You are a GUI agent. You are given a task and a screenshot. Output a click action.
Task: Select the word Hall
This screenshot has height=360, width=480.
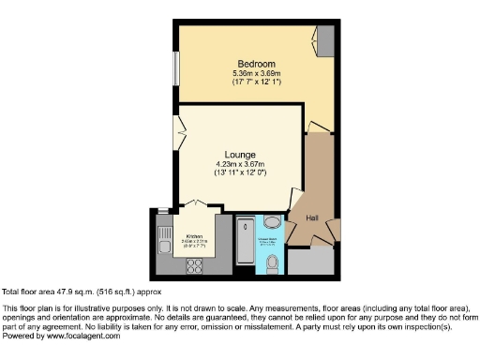coord(312,217)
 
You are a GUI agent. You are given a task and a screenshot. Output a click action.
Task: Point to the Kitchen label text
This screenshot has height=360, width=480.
coord(194,236)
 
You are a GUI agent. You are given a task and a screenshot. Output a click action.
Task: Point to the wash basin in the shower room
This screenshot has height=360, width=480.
coord(272,223)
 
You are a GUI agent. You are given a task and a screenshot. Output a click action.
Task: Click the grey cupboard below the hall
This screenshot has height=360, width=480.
coord(307,262)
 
